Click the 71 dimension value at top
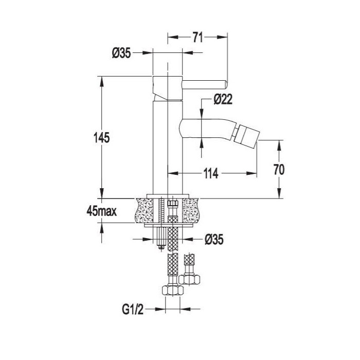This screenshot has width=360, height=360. coord(197,38)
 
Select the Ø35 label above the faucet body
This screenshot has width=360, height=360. coord(121,53)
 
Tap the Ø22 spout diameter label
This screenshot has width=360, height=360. coord(223,99)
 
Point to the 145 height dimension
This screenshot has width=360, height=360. coord(102,138)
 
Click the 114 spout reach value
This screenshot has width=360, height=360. coord(211,173)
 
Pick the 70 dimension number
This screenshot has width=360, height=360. coord(279,169)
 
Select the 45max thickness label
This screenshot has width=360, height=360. coord(101,211)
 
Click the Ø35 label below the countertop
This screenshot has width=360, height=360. coord(214,240)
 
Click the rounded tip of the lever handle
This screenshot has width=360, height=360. coord(225,84)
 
